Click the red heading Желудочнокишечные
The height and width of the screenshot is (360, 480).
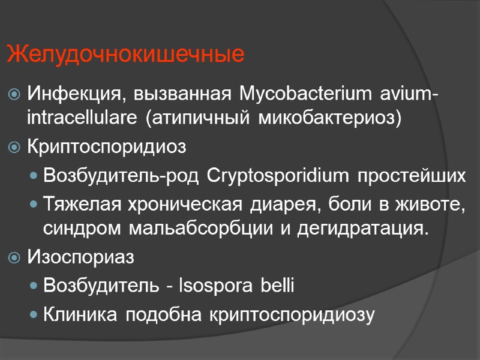click(126, 55)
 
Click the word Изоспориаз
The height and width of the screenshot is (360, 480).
click(81, 257)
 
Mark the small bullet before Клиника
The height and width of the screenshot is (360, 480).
click(35, 314)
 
